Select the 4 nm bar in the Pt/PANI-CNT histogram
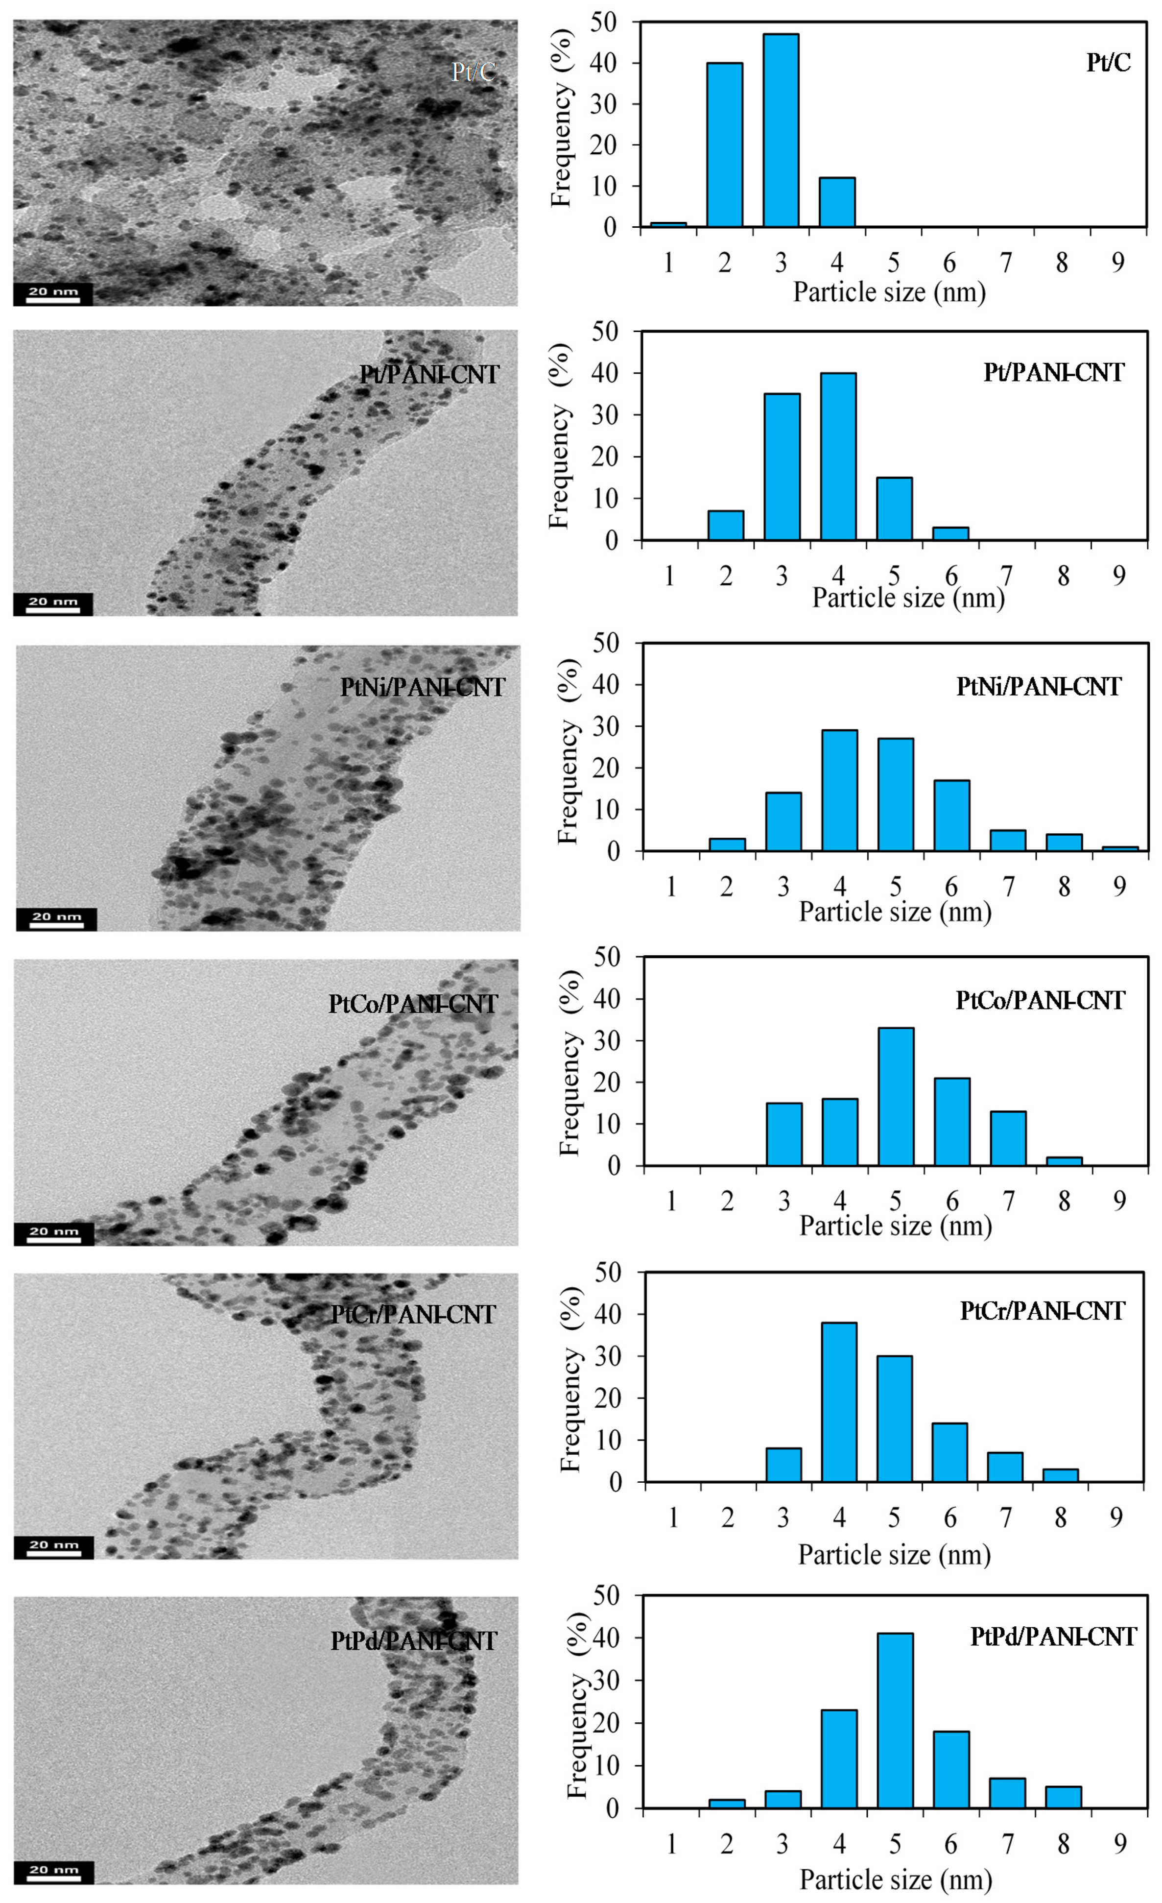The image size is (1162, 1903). click(838, 456)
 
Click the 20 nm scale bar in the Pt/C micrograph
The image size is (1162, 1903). click(52, 295)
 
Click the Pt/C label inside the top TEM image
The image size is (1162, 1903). click(473, 72)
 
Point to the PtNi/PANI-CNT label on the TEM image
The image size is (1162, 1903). click(422, 687)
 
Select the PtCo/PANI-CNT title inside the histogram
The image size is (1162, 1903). click(1039, 1000)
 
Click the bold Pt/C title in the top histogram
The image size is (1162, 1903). click(1108, 63)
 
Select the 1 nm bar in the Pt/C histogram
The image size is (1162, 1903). click(668, 224)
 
